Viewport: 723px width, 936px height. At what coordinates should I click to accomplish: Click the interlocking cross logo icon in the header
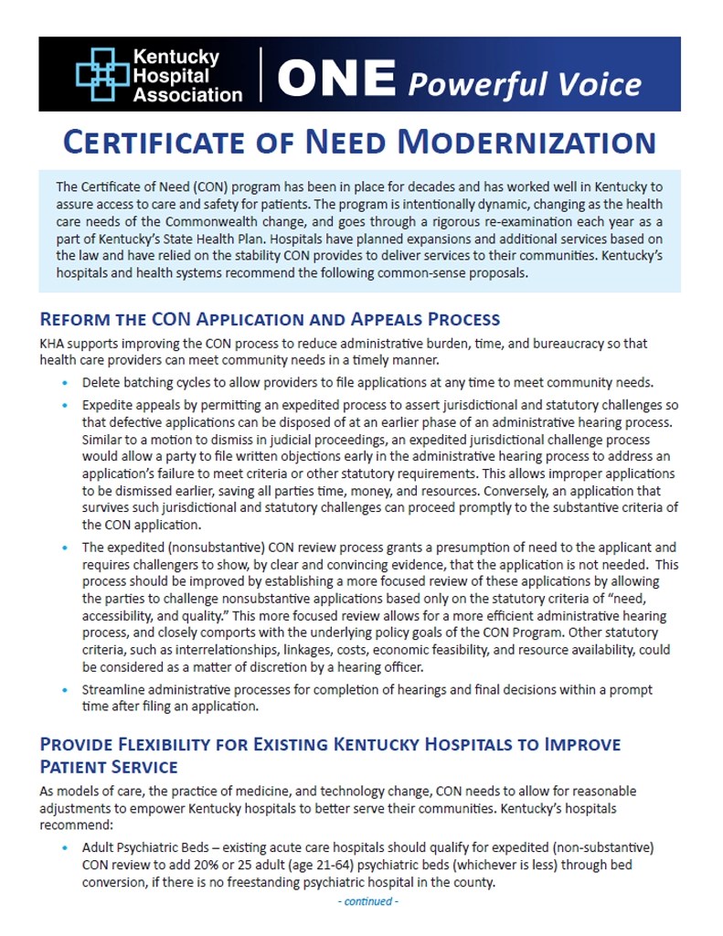[x=101, y=74]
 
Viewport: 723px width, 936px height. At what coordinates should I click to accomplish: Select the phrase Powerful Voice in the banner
[x=525, y=83]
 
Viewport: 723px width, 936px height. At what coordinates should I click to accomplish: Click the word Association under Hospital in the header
[x=188, y=93]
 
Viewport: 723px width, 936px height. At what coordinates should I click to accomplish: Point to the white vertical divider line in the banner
[x=261, y=74]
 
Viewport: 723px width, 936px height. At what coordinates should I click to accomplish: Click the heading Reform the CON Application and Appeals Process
[x=270, y=319]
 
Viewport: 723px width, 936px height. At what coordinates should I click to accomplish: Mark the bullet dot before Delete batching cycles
[x=64, y=383]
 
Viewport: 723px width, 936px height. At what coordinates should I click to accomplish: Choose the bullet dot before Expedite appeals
[x=64, y=405]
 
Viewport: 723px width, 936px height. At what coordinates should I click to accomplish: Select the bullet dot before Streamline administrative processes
[x=64, y=690]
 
